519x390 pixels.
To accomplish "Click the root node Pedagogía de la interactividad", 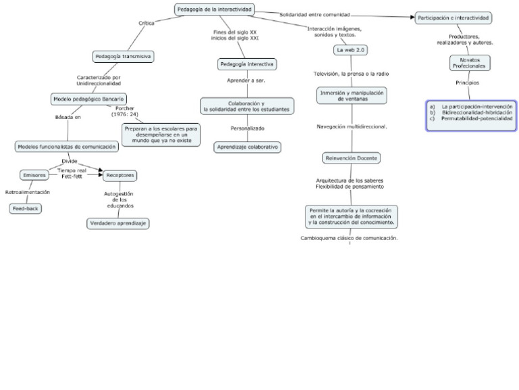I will click(214, 9).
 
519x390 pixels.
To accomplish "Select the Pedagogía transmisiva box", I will click(123, 57).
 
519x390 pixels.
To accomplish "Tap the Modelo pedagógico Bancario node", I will click(89, 99).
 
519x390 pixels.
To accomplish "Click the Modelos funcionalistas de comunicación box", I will click(67, 146).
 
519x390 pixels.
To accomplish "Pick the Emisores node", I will click(34, 175).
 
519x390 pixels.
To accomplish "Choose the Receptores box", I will click(120, 175).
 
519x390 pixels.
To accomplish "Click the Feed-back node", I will click(26, 208).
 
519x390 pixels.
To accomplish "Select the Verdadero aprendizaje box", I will click(119, 223).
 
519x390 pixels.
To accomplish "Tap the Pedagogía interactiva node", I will click(247, 64).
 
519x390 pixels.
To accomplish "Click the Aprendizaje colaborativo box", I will click(247, 147).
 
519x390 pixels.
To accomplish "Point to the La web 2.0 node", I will click(350, 50).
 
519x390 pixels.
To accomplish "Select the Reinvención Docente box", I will click(351, 158).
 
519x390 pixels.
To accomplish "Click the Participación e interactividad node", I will click(453, 18).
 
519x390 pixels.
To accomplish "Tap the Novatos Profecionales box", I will click(468, 63).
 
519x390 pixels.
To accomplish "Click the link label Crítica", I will click(147, 23).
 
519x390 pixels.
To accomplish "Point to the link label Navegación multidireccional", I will click(351, 126).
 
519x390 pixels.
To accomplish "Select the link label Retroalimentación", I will click(28, 192).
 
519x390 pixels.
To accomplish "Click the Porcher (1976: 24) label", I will click(125, 112).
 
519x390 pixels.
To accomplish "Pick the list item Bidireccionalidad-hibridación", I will click(476, 112).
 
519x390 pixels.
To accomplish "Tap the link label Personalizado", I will click(247, 128).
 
